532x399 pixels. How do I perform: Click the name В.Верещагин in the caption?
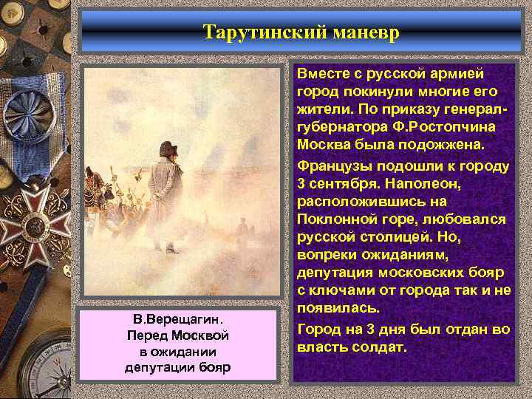(176, 320)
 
